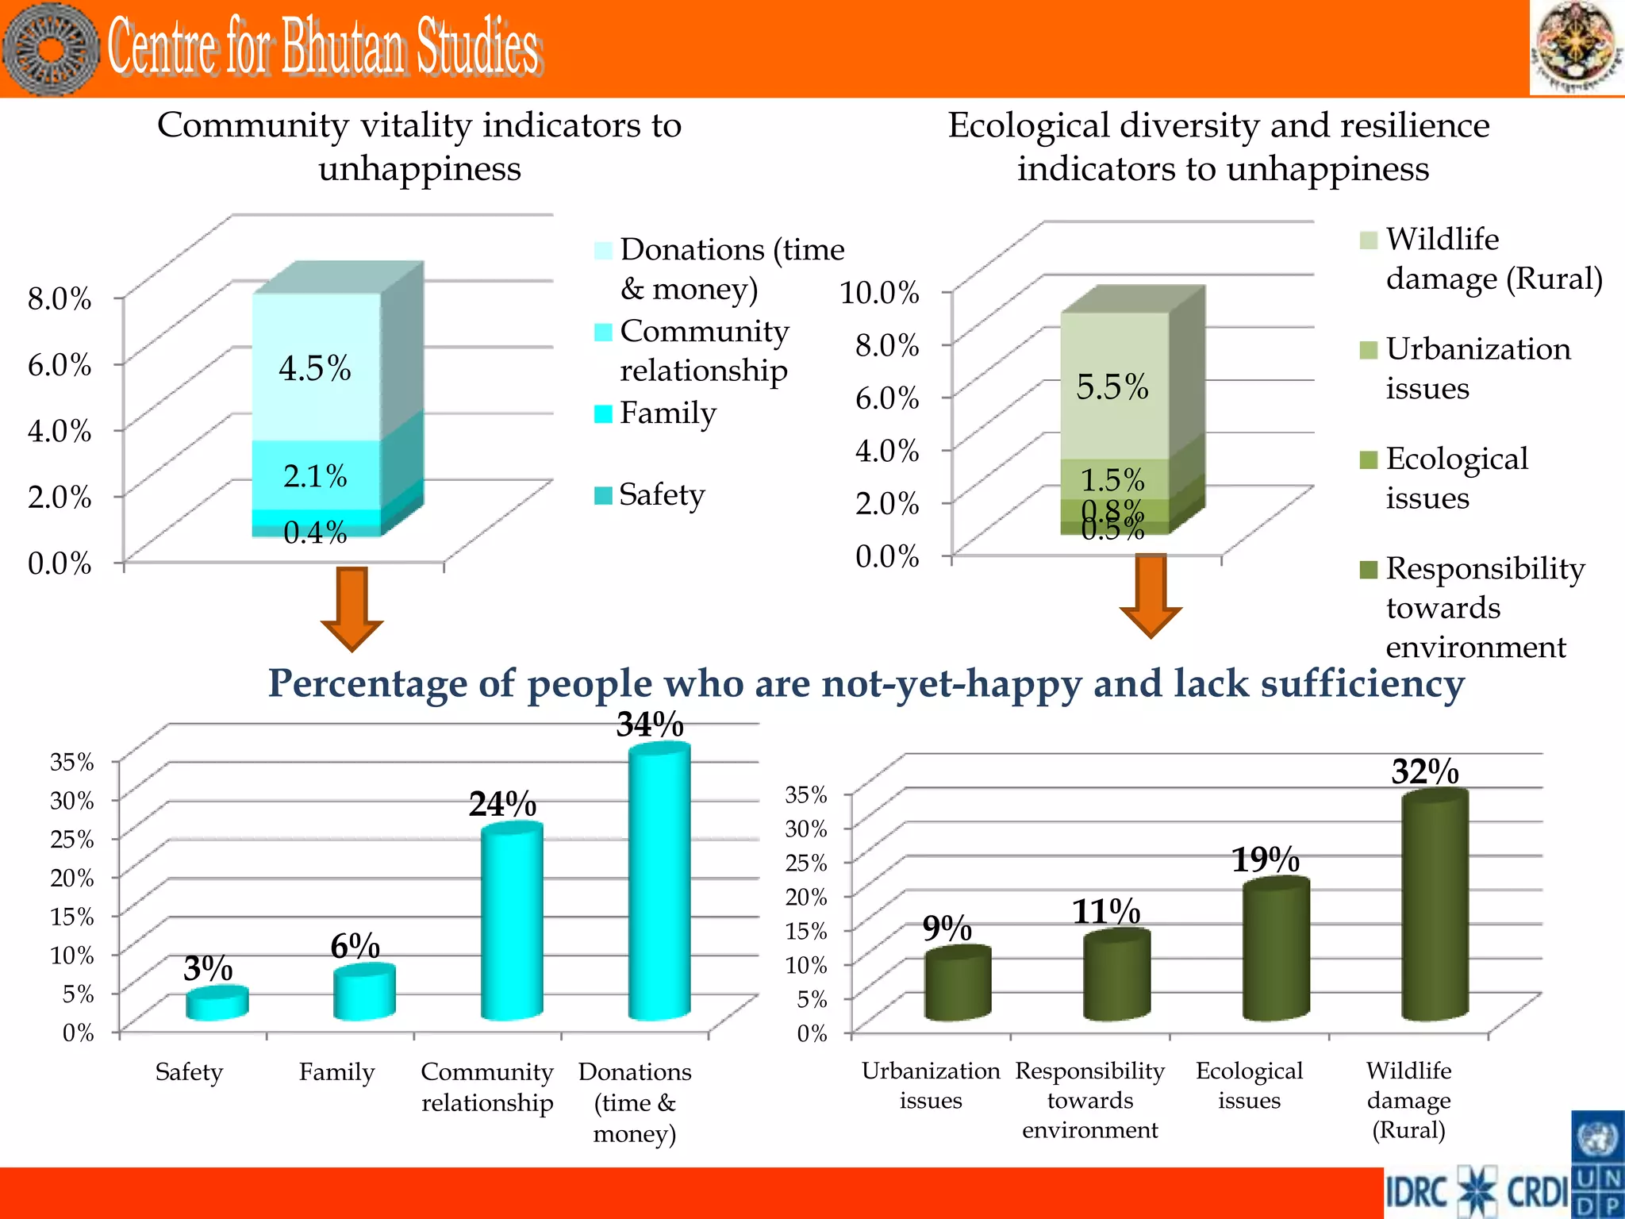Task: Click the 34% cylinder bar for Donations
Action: (659, 881)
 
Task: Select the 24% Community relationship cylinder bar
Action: (512, 921)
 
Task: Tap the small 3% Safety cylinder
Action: (217, 1004)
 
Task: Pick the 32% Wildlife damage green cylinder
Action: (1435, 905)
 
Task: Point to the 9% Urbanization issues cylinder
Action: (958, 984)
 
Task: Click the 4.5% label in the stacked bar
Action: (315, 369)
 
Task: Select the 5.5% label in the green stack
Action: (1112, 387)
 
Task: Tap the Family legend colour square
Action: (603, 413)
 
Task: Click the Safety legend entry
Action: (661, 494)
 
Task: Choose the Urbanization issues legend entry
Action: (1477, 368)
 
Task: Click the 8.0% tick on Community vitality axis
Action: (60, 299)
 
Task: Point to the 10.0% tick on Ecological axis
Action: (879, 292)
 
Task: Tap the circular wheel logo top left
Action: (52, 49)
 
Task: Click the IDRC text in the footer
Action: (1418, 1193)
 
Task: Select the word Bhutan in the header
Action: (343, 48)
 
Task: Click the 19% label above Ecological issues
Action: (1265, 859)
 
